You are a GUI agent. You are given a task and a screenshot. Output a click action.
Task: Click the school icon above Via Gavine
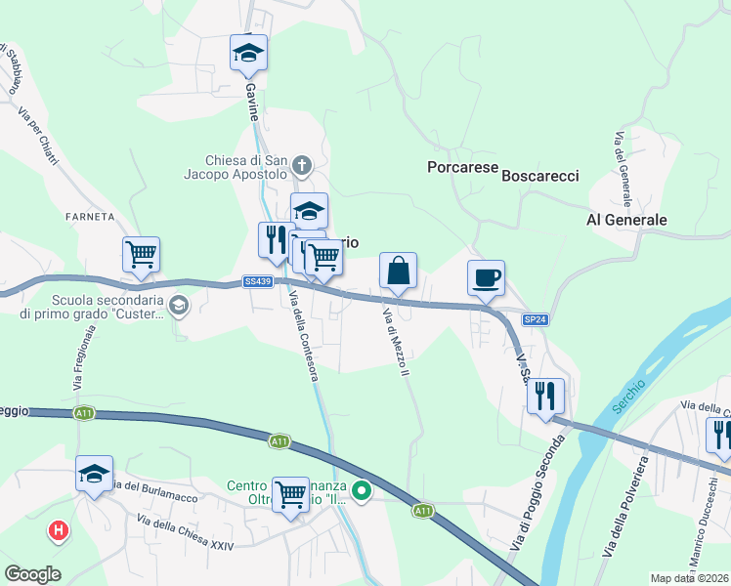point(248,53)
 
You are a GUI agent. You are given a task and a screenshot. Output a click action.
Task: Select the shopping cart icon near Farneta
point(142,254)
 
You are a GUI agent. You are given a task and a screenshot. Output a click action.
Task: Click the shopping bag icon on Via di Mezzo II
point(398,271)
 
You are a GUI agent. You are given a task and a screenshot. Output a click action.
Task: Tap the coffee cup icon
point(486,277)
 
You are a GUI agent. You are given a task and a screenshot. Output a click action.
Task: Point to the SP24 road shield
point(534,319)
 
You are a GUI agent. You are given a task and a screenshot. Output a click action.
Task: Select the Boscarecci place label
point(540,176)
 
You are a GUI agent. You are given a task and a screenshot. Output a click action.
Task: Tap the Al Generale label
point(626,220)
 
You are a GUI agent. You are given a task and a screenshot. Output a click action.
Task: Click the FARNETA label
point(91,216)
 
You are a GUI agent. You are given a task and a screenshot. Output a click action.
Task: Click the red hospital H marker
point(59,531)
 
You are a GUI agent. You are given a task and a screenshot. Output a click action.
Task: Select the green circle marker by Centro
point(363,491)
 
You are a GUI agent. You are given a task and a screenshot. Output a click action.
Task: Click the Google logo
point(33,573)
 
